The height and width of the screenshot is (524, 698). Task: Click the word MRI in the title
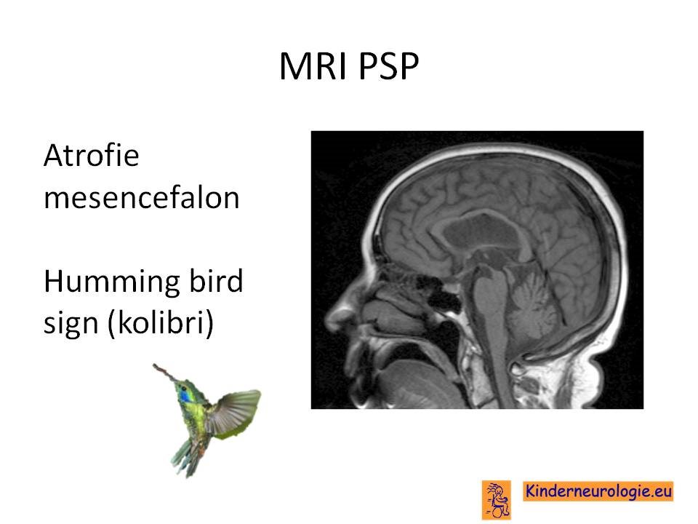[313, 66]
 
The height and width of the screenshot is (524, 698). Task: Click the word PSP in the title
[388, 66]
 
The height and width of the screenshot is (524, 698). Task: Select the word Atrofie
[92, 155]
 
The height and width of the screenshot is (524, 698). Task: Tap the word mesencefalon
[142, 197]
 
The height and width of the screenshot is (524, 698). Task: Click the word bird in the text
[217, 281]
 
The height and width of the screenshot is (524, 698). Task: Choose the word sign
[71, 323]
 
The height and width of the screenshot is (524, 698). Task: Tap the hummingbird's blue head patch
[184, 395]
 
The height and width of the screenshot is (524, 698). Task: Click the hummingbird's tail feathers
[186, 458]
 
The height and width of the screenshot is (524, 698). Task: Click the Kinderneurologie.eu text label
[598, 491]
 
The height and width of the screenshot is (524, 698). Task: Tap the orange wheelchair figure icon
[497, 499]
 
